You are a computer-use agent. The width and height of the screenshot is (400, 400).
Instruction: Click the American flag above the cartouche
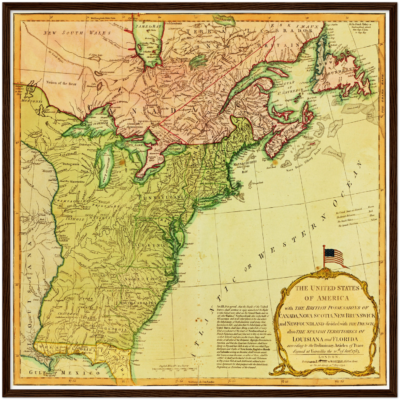(x=334, y=256)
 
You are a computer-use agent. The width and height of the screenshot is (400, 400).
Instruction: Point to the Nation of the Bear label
(x=61, y=82)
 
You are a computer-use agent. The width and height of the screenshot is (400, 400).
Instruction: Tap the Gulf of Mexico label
(x=65, y=373)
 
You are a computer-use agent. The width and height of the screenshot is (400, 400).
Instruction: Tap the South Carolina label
(x=136, y=303)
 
